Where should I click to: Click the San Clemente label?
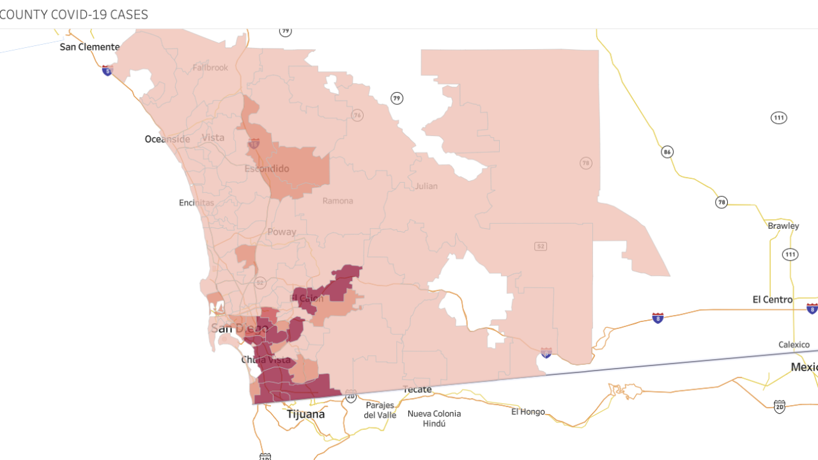89,47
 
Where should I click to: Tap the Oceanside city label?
167,139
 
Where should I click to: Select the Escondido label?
267,169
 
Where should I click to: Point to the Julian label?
426,186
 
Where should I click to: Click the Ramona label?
337,201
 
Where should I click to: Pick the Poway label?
282,232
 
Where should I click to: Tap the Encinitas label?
197,203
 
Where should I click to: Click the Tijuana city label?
305,414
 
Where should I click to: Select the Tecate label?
417,389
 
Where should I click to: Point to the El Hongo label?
528,411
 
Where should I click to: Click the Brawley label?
783,226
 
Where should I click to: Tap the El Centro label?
773,299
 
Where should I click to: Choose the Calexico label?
794,344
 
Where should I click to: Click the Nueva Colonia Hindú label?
434,418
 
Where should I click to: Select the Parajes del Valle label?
380,410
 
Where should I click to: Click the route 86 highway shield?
667,152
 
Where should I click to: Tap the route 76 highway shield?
357,115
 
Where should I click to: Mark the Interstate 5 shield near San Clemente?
107,70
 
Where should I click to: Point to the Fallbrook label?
210,67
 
